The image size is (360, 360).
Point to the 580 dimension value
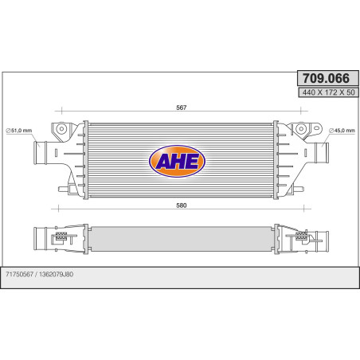[x=182, y=206]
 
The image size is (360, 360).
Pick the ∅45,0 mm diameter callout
[x=341, y=130]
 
